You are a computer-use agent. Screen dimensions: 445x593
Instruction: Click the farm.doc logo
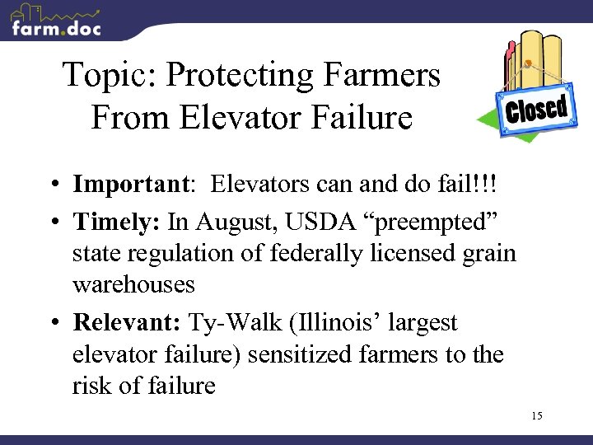click(56, 21)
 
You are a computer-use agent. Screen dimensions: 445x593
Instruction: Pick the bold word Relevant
click(126, 322)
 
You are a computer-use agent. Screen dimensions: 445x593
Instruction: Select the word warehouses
click(133, 285)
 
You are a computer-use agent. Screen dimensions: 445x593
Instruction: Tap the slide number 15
click(536, 415)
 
